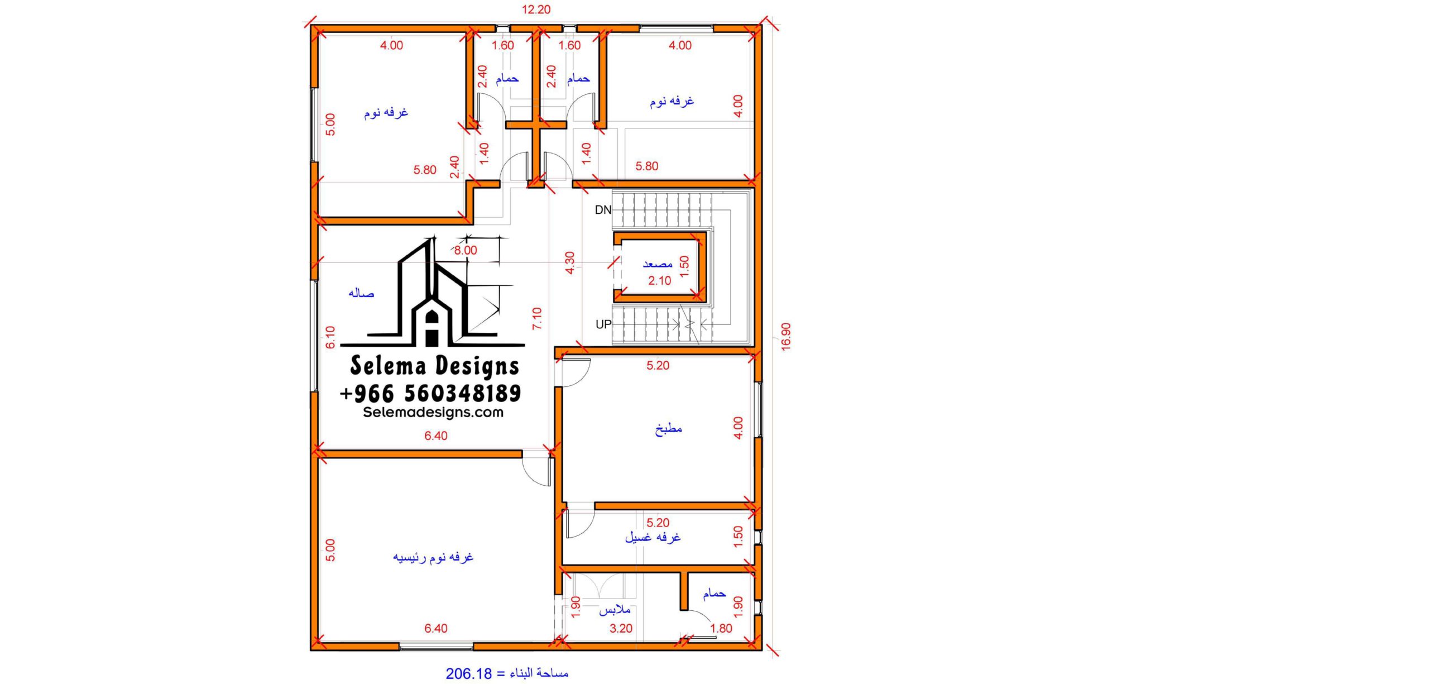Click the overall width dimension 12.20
click(536, 9)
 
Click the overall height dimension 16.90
click(786, 337)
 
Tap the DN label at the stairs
click(603, 210)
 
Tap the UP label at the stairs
click(603, 324)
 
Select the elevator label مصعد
click(658, 264)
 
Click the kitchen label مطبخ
click(668, 429)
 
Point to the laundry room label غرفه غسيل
click(653, 537)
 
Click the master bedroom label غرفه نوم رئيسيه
click(433, 557)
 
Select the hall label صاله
click(361, 293)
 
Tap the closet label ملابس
click(615, 610)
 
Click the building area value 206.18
click(469, 674)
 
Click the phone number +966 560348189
click(430, 394)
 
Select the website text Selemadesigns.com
click(433, 413)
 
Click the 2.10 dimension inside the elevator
click(659, 281)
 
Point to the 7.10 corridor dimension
click(537, 318)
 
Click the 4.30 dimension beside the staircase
click(569, 263)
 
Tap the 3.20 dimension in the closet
click(621, 629)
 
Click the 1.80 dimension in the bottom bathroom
click(721, 629)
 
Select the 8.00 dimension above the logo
click(466, 251)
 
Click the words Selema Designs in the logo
click(435, 366)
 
